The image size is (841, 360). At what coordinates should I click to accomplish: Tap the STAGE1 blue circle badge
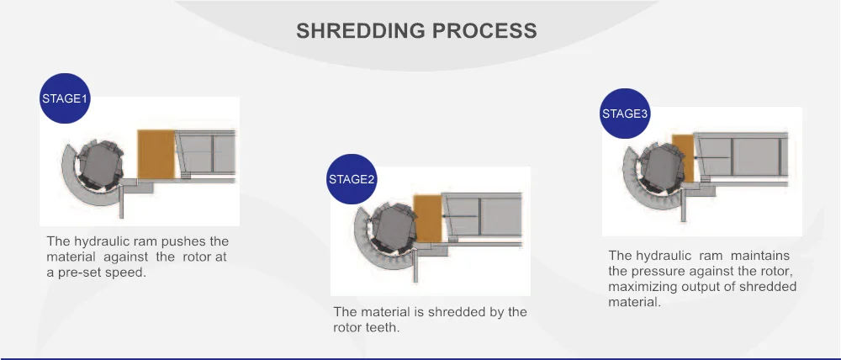[65, 98]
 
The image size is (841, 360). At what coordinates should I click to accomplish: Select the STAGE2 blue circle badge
[352, 179]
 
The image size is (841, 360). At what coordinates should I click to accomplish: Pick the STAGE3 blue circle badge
[625, 114]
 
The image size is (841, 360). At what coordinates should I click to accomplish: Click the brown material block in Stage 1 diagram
[156, 154]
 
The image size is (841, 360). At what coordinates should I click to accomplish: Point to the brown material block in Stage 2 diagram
[427, 218]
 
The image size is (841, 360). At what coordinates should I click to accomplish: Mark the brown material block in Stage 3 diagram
[683, 157]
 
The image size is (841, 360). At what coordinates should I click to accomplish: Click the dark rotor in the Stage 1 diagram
[101, 164]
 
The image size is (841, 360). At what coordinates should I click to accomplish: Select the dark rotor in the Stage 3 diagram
[664, 167]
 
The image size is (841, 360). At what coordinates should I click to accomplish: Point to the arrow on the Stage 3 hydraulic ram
[711, 157]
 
